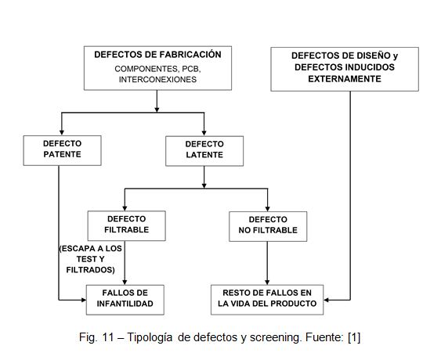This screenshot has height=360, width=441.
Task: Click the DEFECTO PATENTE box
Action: click(x=62, y=150)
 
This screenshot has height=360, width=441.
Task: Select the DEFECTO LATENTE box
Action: click(x=204, y=151)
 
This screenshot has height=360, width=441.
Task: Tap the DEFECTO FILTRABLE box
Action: click(x=127, y=226)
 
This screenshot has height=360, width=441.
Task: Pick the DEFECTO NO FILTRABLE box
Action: click(x=268, y=226)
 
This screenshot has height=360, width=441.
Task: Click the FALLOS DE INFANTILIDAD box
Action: click(x=125, y=300)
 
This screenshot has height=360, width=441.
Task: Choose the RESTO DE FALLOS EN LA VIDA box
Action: click(x=267, y=300)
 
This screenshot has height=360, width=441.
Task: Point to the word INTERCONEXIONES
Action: click(x=157, y=80)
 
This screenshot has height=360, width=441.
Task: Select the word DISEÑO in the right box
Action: click(x=371, y=56)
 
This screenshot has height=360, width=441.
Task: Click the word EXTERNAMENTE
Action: click(x=345, y=79)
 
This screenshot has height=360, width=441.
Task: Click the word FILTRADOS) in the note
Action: click(x=91, y=270)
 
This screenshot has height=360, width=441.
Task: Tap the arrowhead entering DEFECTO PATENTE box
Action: click(x=62, y=133)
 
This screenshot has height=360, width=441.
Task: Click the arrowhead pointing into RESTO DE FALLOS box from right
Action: click(x=327, y=300)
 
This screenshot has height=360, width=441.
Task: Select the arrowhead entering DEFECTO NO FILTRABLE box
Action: click(x=267, y=209)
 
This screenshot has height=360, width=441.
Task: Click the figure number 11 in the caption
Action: click(x=108, y=337)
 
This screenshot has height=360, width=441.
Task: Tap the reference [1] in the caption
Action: click(x=354, y=337)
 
